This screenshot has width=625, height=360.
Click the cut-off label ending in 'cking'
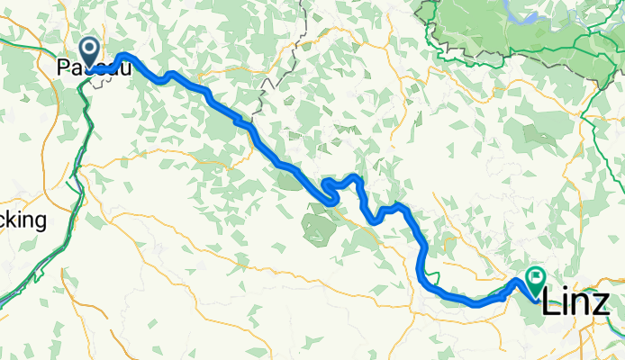[x=23, y=220]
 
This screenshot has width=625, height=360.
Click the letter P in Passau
[x=62, y=67]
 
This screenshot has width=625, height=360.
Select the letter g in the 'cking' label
[x=41, y=223]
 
